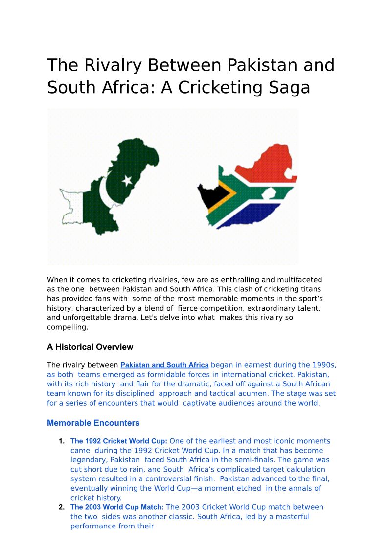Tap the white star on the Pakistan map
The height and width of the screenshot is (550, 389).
127,180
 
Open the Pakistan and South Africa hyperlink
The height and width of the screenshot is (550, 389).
165,365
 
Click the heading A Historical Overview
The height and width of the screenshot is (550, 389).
90,347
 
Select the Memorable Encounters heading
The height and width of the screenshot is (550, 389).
93,423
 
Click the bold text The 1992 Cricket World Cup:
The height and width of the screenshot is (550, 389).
119,441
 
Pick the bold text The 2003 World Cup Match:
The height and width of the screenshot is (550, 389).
117,507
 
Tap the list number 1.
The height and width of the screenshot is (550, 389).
62,441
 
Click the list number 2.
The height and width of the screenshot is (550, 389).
62,507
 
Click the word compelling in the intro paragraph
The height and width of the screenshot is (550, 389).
67,327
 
